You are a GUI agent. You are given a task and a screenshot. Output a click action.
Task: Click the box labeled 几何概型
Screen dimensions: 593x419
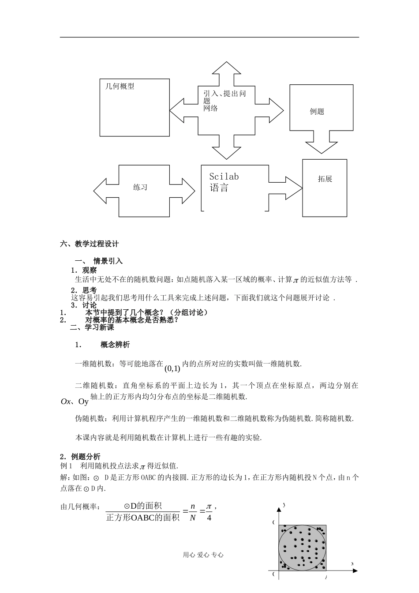135,107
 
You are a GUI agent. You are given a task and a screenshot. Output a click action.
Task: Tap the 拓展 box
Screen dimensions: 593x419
325,188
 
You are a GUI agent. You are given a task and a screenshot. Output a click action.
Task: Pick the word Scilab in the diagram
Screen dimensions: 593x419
224,176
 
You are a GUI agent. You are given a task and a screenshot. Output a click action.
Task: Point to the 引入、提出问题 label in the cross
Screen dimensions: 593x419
224,94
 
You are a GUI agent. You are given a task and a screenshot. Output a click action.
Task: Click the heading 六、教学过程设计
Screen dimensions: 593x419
90,244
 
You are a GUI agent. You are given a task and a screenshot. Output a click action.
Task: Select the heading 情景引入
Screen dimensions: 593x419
108,261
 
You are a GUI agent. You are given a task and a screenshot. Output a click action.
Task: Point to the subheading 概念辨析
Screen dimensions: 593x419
115,345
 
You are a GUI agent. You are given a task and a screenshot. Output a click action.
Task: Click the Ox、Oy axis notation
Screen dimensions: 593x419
75,402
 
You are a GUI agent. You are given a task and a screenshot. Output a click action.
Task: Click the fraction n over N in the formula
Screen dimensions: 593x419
193,512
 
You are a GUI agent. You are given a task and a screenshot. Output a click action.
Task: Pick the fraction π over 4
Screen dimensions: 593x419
209,512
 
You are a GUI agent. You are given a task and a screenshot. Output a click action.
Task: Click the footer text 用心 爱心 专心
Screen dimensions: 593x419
203,555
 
